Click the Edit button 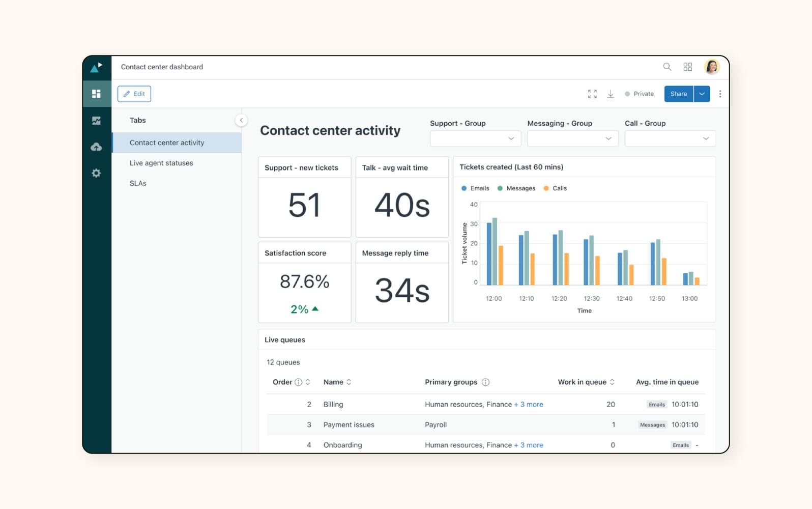(x=134, y=94)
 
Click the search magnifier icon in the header (x=667, y=67)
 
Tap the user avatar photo (x=712, y=67)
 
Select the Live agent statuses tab (x=161, y=163)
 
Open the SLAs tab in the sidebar (x=138, y=183)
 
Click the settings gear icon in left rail (x=96, y=173)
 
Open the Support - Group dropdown (x=475, y=138)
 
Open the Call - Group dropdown (x=670, y=138)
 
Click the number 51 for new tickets (x=304, y=205)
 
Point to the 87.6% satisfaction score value (x=304, y=281)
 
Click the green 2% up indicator (x=304, y=309)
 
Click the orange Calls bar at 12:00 (x=501, y=266)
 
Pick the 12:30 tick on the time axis (x=592, y=298)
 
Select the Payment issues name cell (x=349, y=425)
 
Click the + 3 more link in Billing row (x=529, y=404)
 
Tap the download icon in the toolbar (x=611, y=94)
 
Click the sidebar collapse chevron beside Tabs (x=241, y=120)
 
